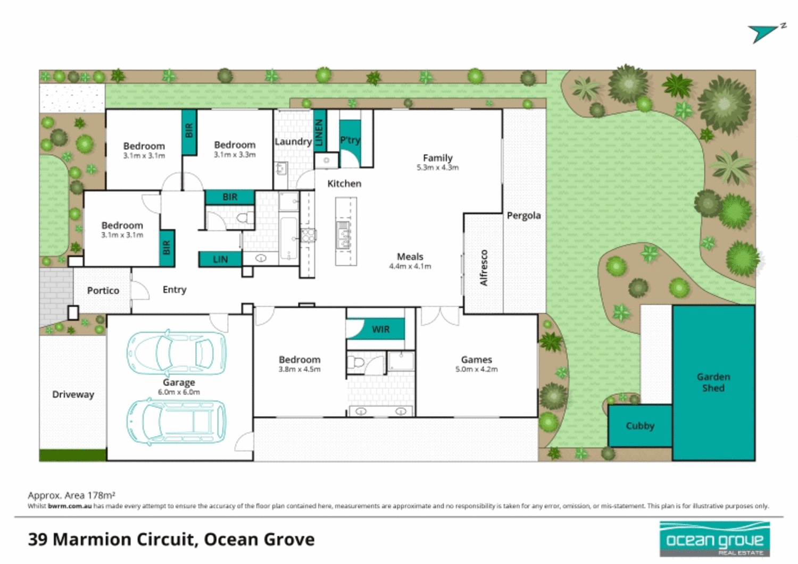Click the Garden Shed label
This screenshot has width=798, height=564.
point(713,382)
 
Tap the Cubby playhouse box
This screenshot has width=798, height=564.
point(639,426)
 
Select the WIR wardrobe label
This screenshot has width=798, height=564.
point(380,330)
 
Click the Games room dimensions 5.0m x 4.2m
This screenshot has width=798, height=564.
point(476,369)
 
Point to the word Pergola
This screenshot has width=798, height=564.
point(523,216)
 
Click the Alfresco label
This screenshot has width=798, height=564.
point(484,267)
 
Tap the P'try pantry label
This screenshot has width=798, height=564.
point(350,140)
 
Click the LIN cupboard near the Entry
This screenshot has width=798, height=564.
point(220,259)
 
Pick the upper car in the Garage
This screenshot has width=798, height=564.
point(176,352)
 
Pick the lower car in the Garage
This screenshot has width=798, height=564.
point(176,422)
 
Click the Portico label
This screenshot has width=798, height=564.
point(103,291)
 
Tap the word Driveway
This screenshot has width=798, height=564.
point(73,394)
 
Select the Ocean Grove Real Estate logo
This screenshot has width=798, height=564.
point(714,540)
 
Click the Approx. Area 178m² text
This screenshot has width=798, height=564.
point(71,495)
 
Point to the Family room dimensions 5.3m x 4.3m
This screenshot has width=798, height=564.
point(437,167)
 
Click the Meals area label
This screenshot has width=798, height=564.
point(410,257)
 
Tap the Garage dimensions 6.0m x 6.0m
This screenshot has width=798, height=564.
point(179,392)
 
